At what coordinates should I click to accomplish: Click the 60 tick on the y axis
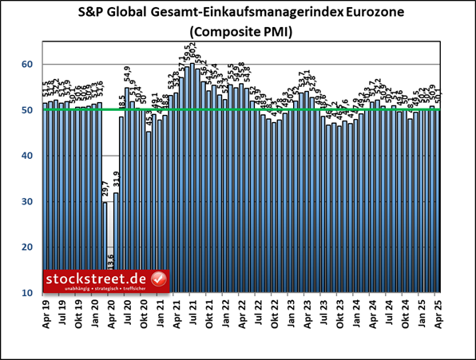pos(26,64)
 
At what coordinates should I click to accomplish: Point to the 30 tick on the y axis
pos(26,202)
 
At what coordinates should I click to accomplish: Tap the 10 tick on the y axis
pos(26,294)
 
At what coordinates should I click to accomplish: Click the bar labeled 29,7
pos(105,247)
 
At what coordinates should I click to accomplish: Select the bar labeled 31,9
pos(116,243)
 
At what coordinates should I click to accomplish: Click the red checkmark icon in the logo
pos(158,280)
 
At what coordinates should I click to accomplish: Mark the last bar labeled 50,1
pos(438,200)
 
